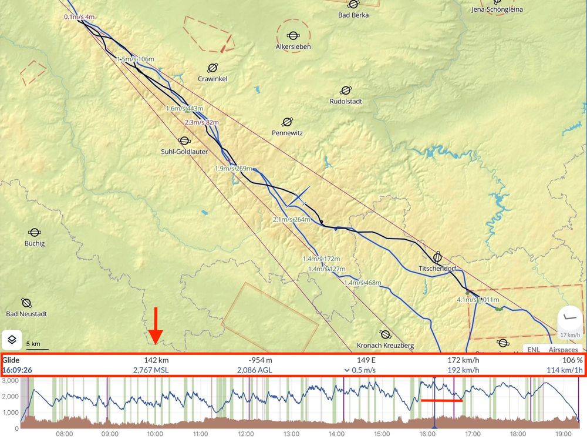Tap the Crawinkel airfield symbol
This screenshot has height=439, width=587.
212,68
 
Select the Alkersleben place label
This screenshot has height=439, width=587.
293,46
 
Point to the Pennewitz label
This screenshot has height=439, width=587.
287,133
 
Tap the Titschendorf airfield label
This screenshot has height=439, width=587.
437,269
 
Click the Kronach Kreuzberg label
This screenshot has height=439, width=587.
385,345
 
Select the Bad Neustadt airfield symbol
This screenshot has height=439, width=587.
26,303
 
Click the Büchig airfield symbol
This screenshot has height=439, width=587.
35,233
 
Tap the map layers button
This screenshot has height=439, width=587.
11,339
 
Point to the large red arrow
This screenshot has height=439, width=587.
155,325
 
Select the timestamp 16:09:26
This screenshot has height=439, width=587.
17,370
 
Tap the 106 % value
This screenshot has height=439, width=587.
573,360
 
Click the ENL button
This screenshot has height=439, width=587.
534,350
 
